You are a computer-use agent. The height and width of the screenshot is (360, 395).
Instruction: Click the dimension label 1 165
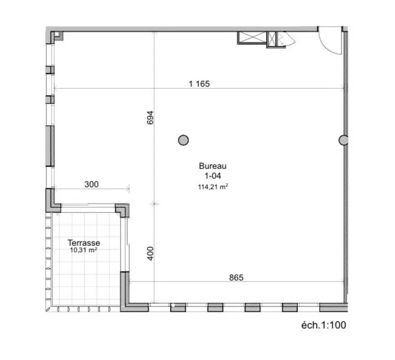199,83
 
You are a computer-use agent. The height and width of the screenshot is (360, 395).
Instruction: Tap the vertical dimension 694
151,118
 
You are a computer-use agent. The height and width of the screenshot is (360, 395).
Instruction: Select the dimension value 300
91,184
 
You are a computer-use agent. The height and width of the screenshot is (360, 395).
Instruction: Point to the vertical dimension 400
151,253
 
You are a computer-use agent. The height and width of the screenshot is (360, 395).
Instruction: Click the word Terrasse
84,242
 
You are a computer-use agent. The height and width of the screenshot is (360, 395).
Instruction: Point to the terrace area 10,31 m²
83,250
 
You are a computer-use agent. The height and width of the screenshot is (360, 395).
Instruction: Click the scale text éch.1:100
323,325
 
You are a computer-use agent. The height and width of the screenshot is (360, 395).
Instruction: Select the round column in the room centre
183,140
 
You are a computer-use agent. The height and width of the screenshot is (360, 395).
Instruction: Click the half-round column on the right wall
343,140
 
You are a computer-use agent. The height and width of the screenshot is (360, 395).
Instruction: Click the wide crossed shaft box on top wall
252,39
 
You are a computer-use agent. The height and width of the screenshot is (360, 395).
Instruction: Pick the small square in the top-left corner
57,35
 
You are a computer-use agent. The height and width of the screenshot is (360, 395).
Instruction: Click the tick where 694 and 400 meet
154,203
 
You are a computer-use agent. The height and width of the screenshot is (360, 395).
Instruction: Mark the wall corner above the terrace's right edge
123,210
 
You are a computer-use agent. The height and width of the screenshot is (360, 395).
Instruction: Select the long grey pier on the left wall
49,146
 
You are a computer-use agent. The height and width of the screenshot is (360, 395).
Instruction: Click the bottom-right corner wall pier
334,308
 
